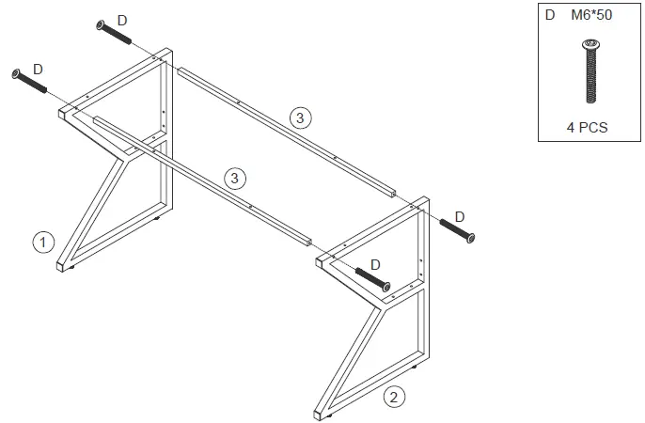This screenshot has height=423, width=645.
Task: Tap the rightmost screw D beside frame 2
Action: [456, 229]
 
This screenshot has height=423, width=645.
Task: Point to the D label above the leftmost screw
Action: [38, 69]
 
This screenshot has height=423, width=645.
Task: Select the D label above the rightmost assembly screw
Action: [460, 217]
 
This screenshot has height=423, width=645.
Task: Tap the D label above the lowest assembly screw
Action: [375, 264]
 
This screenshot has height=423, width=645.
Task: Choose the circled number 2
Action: [396, 397]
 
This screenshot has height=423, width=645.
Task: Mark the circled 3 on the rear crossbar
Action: [299, 117]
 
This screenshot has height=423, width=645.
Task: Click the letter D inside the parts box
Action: [550, 16]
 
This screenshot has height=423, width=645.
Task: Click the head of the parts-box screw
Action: [590, 44]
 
